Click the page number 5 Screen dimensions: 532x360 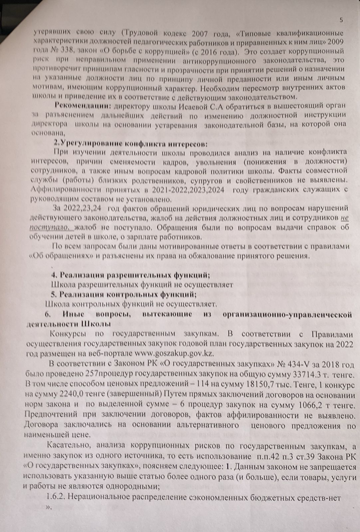point(341,20)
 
